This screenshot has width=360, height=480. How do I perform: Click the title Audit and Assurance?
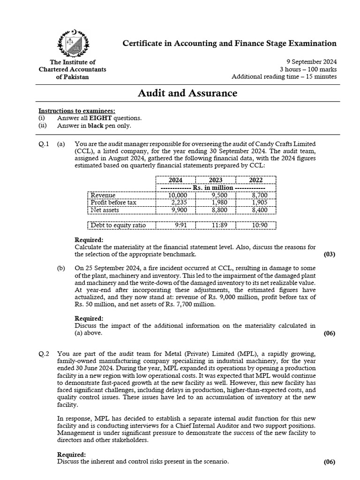tap(187, 93)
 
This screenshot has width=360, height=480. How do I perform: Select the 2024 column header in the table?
tap(175, 180)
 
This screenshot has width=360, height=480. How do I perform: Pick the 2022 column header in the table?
tap(256, 180)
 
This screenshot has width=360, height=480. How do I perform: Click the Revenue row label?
tap(103, 195)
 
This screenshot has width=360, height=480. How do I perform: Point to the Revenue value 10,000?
tap(178, 195)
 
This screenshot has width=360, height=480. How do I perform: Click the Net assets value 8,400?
tap(258, 210)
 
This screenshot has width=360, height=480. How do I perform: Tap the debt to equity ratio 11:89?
tap(216, 225)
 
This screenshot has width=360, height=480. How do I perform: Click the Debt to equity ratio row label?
tap(118, 225)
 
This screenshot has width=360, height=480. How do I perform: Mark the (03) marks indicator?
tap(330, 254)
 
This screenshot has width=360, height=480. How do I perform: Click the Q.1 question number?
tap(44, 144)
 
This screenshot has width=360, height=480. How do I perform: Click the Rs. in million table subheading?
tap(216, 187)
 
